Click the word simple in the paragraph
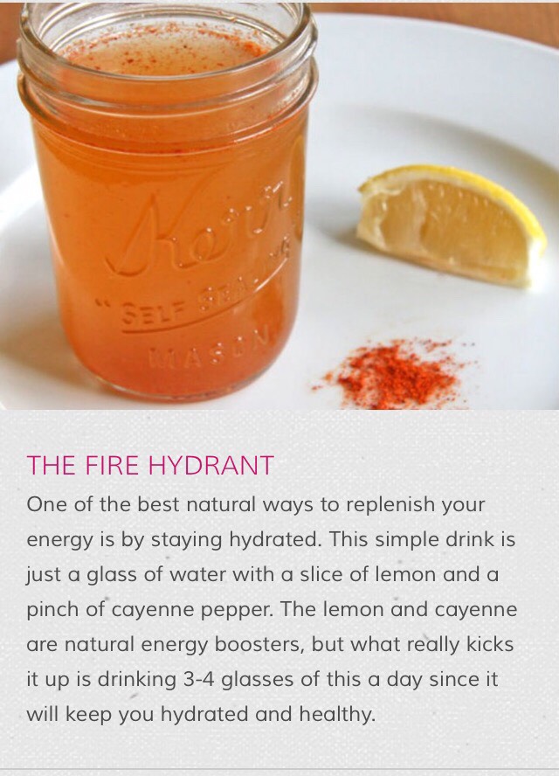(x=407, y=540)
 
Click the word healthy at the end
(x=338, y=715)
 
